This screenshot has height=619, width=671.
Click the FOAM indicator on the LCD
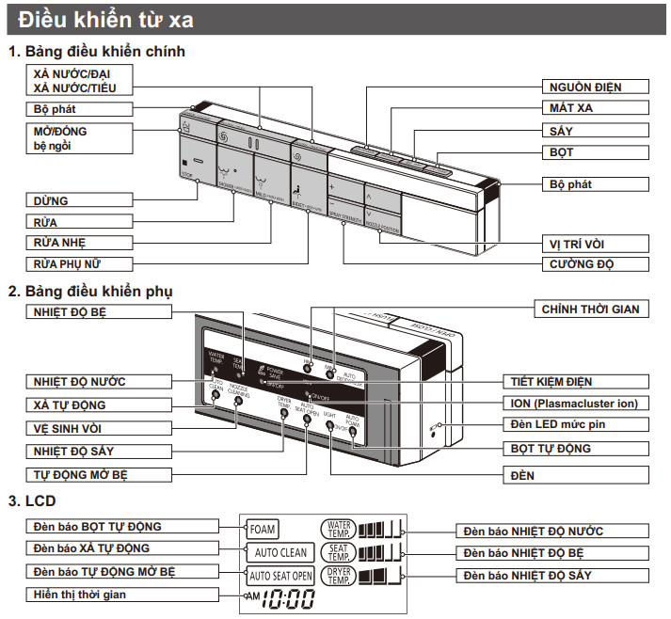263,530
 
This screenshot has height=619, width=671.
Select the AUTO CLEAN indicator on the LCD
279,552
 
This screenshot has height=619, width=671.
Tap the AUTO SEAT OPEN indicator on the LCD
279,575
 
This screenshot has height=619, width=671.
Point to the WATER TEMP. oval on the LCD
337,530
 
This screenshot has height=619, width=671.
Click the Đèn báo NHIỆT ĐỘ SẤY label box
551,574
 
